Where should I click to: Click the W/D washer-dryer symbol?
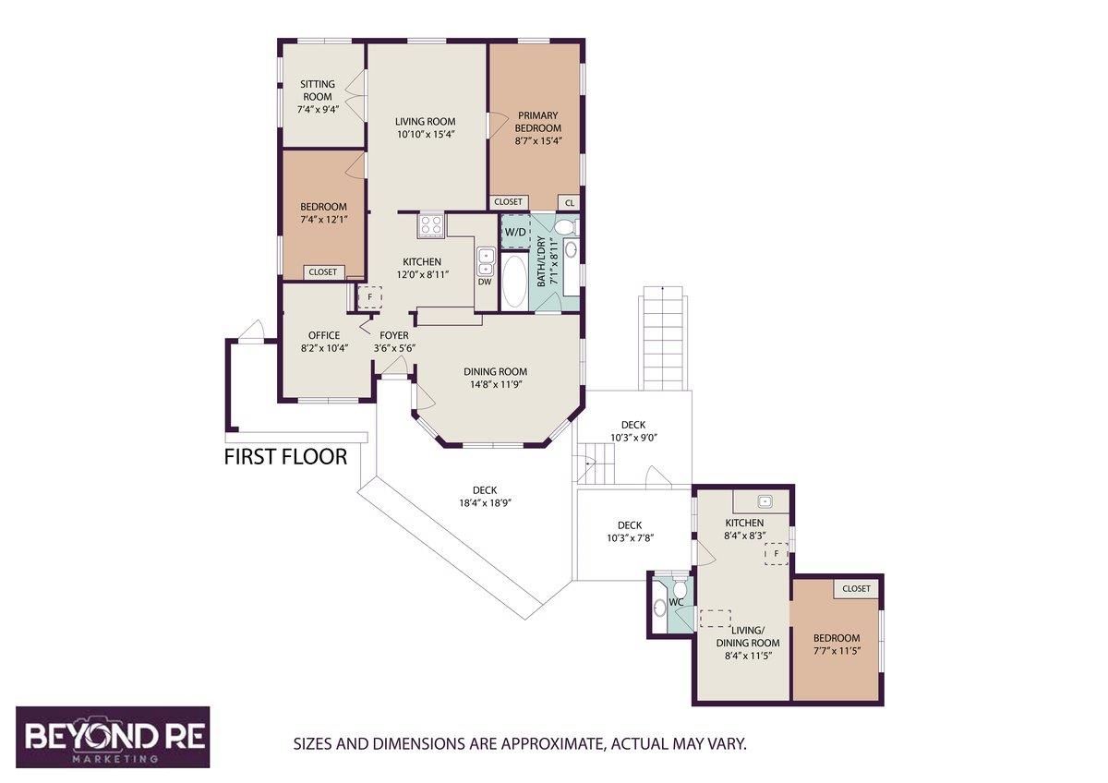click(x=515, y=231)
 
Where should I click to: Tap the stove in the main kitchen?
click(x=431, y=224)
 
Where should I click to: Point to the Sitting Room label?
click(x=318, y=90)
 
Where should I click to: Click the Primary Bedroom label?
click(x=538, y=122)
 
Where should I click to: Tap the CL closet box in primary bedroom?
click(x=569, y=202)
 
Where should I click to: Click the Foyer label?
click(x=393, y=335)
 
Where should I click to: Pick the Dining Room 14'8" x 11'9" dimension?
click(x=495, y=384)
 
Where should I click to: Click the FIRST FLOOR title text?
click(x=286, y=457)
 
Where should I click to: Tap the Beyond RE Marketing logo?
click(x=113, y=737)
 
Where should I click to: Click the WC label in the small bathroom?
click(x=676, y=603)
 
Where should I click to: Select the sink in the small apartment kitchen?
click(x=764, y=501)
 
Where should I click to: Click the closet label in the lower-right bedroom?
click(x=856, y=588)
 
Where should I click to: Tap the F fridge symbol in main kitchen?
click(x=369, y=297)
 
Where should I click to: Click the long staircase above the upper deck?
click(x=665, y=338)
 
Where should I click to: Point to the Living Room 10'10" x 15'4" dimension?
click(x=426, y=134)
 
